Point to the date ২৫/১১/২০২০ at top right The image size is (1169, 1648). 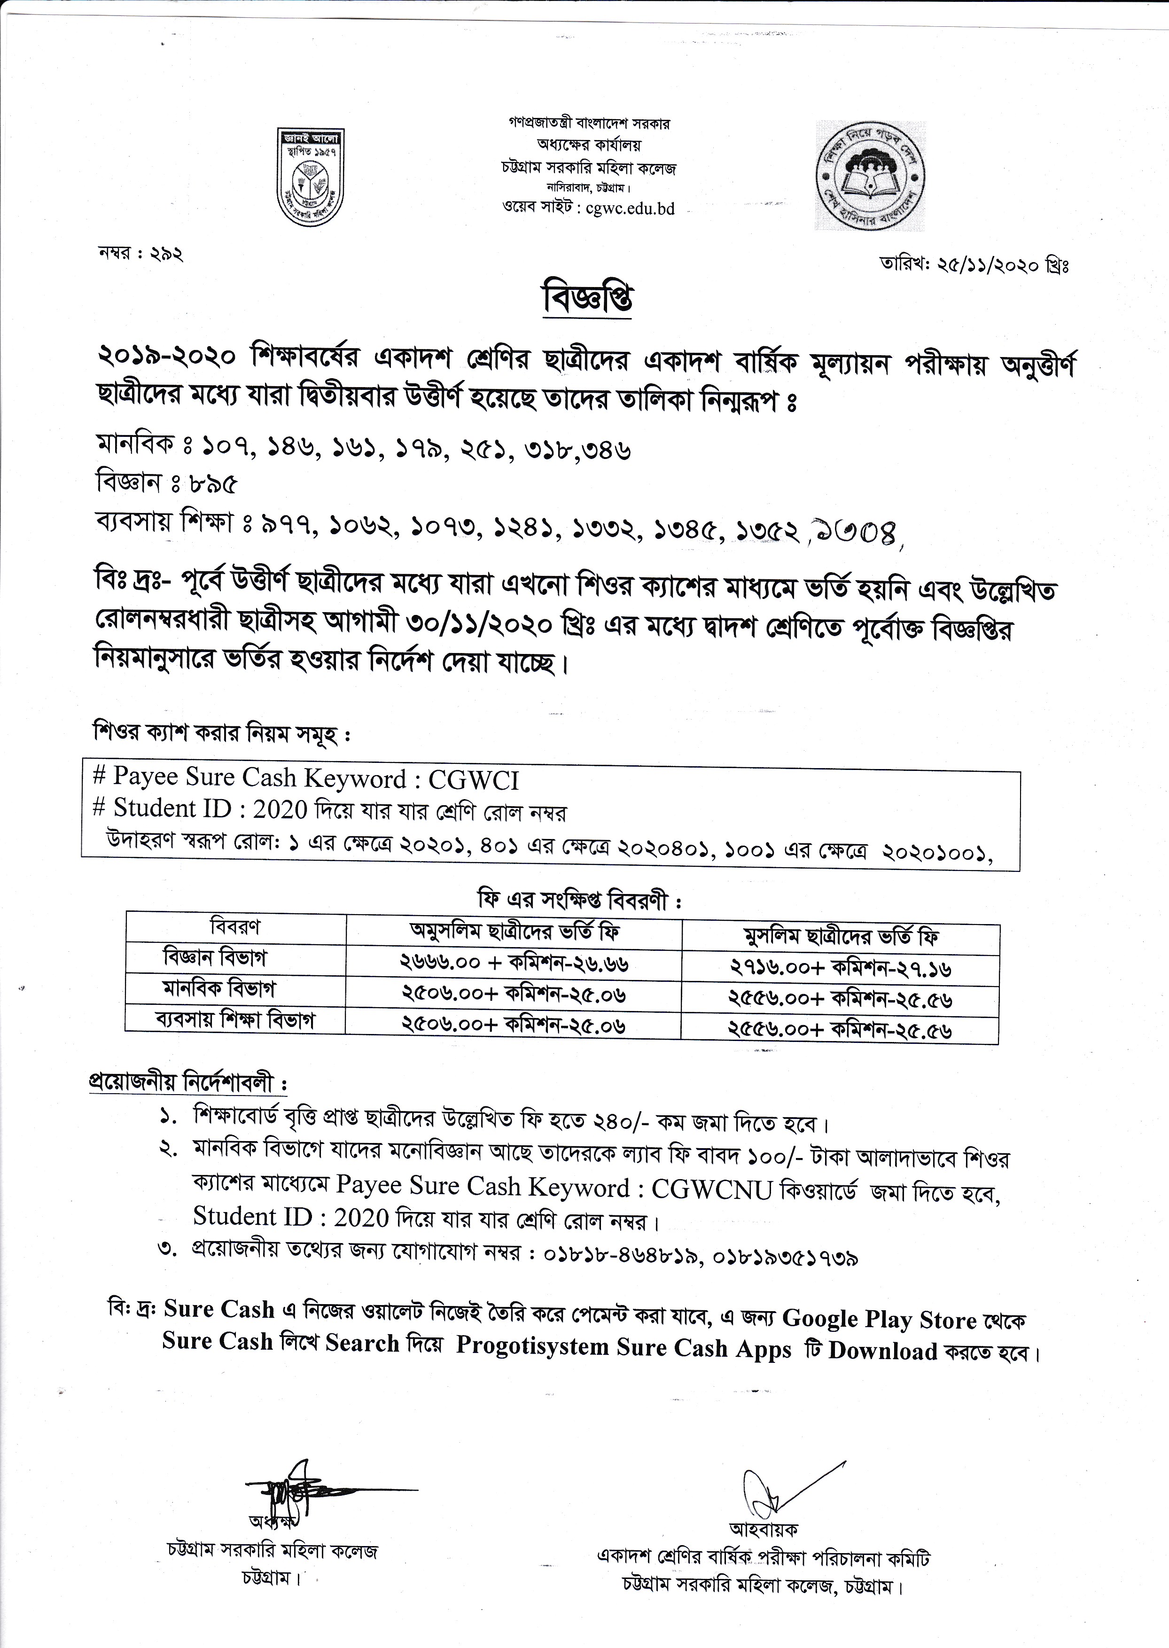coord(986,265)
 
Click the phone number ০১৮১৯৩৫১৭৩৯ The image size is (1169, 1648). coord(785,1257)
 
